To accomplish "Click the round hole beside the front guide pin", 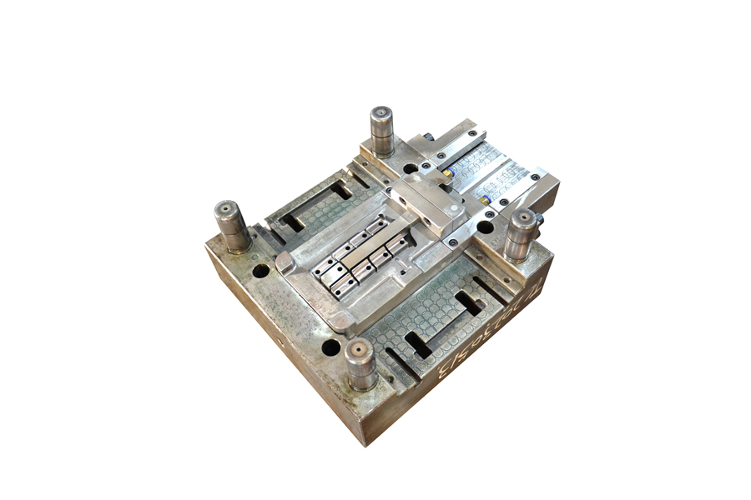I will [x=331, y=347].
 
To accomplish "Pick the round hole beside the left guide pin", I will [x=261, y=270].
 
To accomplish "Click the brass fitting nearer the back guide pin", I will [x=448, y=174].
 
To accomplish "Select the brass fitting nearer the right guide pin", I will [x=484, y=200].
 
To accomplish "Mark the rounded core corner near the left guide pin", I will [x=284, y=263].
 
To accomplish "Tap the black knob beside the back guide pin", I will [x=428, y=137].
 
